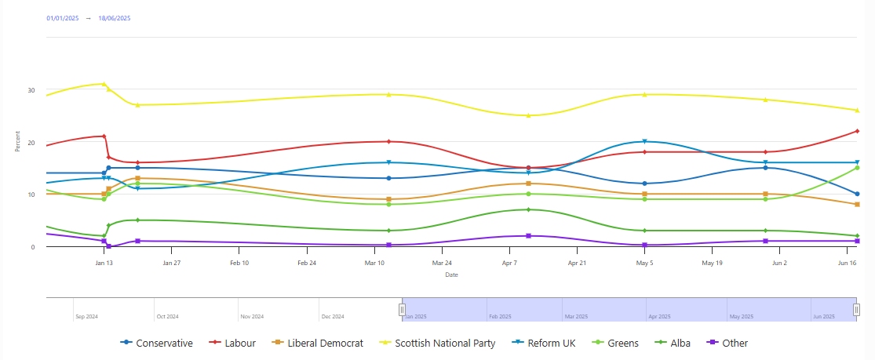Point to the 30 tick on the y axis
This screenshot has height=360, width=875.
31,90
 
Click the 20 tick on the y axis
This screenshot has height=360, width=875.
31,143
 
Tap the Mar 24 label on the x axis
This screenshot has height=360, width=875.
443,264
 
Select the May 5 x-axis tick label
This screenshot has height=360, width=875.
645,264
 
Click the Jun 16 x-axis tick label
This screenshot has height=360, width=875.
848,264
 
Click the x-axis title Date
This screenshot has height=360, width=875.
451,275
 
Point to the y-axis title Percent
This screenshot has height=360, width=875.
17,142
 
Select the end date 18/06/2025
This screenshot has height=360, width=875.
115,17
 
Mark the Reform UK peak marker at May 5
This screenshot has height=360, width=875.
644,142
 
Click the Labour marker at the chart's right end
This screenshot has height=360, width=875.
857,131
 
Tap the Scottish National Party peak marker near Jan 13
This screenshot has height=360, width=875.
104,84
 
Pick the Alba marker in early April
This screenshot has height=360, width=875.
529,209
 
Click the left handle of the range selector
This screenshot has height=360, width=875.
402,310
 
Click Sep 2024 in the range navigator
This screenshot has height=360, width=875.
86,317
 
